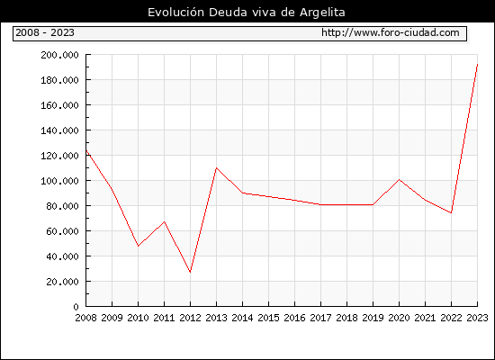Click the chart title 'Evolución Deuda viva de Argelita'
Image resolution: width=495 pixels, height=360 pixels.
[247, 13]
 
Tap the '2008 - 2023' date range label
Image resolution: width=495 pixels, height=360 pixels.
[45, 32]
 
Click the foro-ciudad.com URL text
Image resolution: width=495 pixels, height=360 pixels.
[391, 32]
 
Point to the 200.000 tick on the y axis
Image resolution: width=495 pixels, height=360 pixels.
[59, 55]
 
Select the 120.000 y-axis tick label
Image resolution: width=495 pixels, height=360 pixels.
[59, 156]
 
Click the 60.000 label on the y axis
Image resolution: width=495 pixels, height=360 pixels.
[62, 231]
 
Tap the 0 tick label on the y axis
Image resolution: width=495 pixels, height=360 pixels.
[76, 307]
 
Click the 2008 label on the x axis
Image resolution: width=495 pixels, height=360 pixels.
[85, 318]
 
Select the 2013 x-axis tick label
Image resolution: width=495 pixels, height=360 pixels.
[216, 318]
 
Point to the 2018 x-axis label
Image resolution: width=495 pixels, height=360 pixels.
[346, 318]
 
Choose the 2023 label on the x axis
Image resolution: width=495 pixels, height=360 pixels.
[477, 318]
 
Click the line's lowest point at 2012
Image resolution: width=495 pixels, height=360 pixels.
[190, 272]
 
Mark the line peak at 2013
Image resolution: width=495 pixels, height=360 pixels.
[216, 167]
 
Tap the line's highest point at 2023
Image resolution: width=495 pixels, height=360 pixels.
[477, 64]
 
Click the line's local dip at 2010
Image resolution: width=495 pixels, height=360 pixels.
[138, 246]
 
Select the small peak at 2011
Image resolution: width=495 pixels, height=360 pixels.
[164, 221]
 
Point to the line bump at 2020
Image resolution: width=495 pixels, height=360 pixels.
[399, 180]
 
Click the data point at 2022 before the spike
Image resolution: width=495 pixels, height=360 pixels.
[451, 212]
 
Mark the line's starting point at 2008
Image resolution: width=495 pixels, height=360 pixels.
[86, 150]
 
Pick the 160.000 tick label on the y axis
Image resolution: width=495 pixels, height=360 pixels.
[59, 105]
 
